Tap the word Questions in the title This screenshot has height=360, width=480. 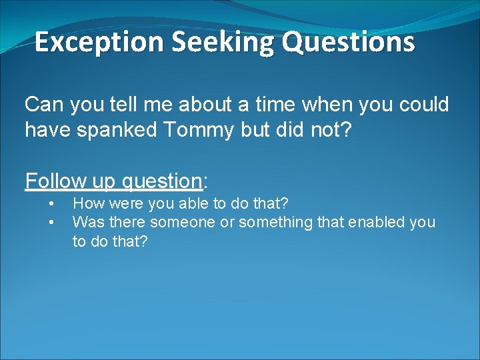[x=348, y=42]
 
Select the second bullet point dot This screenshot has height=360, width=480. [x=50, y=221]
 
